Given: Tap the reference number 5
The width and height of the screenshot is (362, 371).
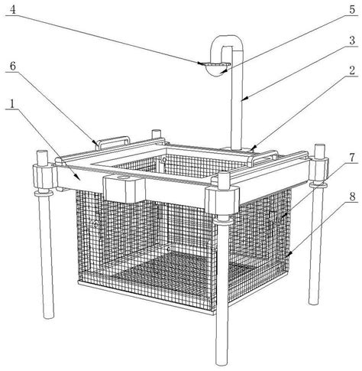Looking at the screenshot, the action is [x=351, y=9].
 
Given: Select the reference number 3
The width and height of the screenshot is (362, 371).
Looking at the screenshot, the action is [x=352, y=40].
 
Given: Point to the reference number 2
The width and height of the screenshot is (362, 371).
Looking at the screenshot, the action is [x=351, y=70].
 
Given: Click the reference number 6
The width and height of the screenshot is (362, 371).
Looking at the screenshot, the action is [x=13, y=66].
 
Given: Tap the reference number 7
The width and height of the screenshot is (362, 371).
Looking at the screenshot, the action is [x=351, y=158].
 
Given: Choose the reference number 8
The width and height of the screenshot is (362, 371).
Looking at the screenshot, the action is [x=352, y=197].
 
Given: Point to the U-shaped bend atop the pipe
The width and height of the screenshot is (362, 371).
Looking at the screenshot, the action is [x=226, y=41].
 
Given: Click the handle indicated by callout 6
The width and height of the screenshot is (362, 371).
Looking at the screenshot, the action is [x=114, y=141].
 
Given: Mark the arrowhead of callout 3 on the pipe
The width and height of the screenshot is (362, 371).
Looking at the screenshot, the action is [x=244, y=99].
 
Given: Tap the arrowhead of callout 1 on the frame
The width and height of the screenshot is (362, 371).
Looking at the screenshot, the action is [x=78, y=177].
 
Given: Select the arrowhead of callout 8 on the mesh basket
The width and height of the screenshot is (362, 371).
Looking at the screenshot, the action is [x=287, y=255].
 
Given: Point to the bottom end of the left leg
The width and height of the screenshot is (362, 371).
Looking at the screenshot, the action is [x=49, y=316].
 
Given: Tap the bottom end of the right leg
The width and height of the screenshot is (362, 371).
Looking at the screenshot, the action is [x=314, y=302].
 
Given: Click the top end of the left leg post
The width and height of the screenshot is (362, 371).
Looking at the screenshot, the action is [x=42, y=152].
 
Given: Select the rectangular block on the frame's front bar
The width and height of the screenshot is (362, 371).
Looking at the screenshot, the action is [x=124, y=189].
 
